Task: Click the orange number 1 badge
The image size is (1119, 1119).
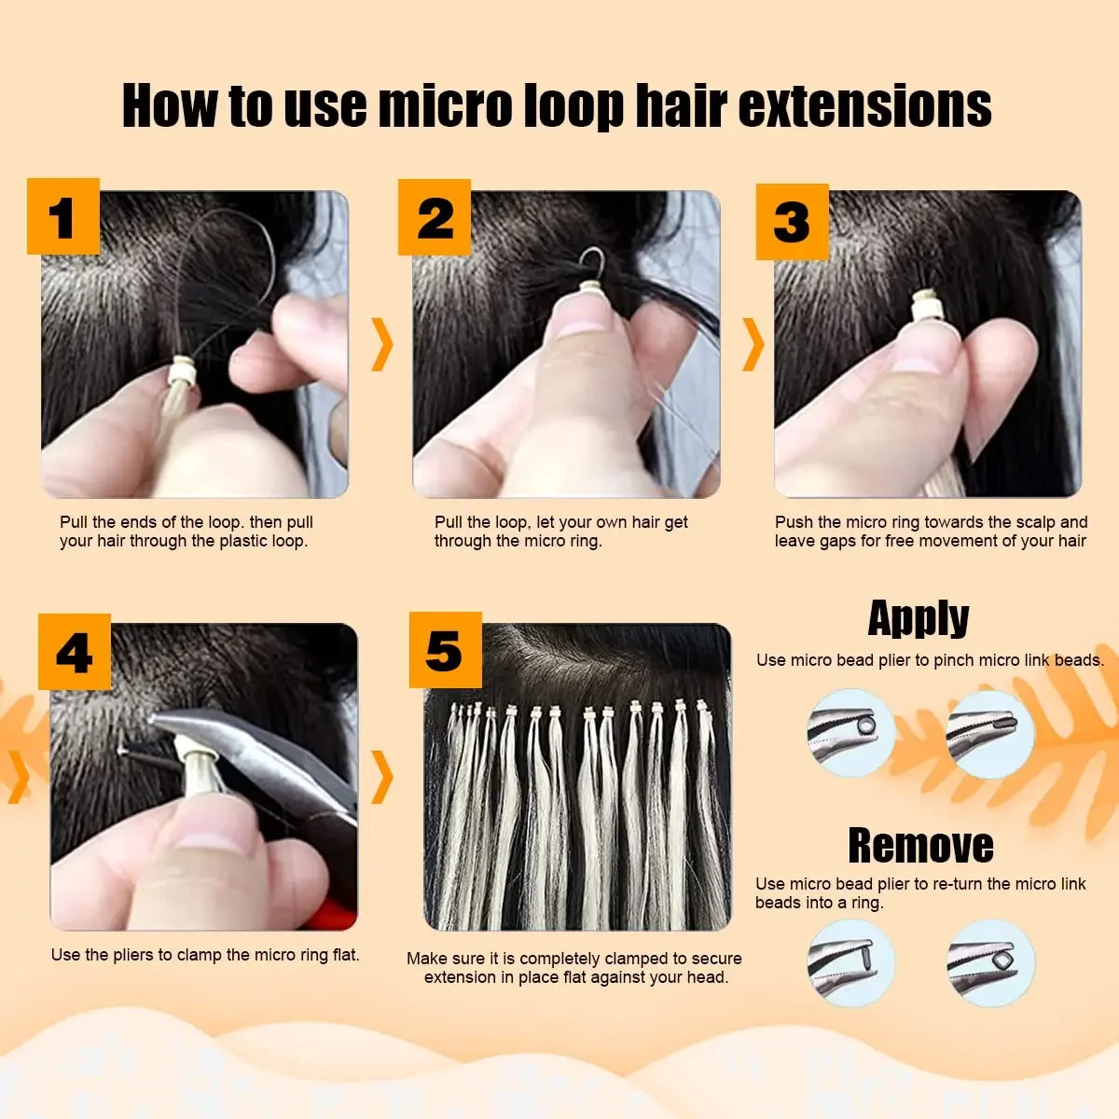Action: [x=62, y=216]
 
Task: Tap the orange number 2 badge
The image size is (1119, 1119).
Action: [x=434, y=217]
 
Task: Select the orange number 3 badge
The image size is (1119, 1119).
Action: [x=792, y=221]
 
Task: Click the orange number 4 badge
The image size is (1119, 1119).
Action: [x=74, y=651]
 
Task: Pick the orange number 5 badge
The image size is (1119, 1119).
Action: [x=445, y=650]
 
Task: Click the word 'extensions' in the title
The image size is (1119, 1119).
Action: [x=864, y=105]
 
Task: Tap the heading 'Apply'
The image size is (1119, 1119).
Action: [x=918, y=617]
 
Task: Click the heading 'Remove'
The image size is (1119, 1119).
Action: [x=920, y=845]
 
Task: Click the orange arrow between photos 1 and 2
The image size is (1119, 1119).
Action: [x=382, y=343]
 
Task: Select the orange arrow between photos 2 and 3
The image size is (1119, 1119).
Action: [x=753, y=343]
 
